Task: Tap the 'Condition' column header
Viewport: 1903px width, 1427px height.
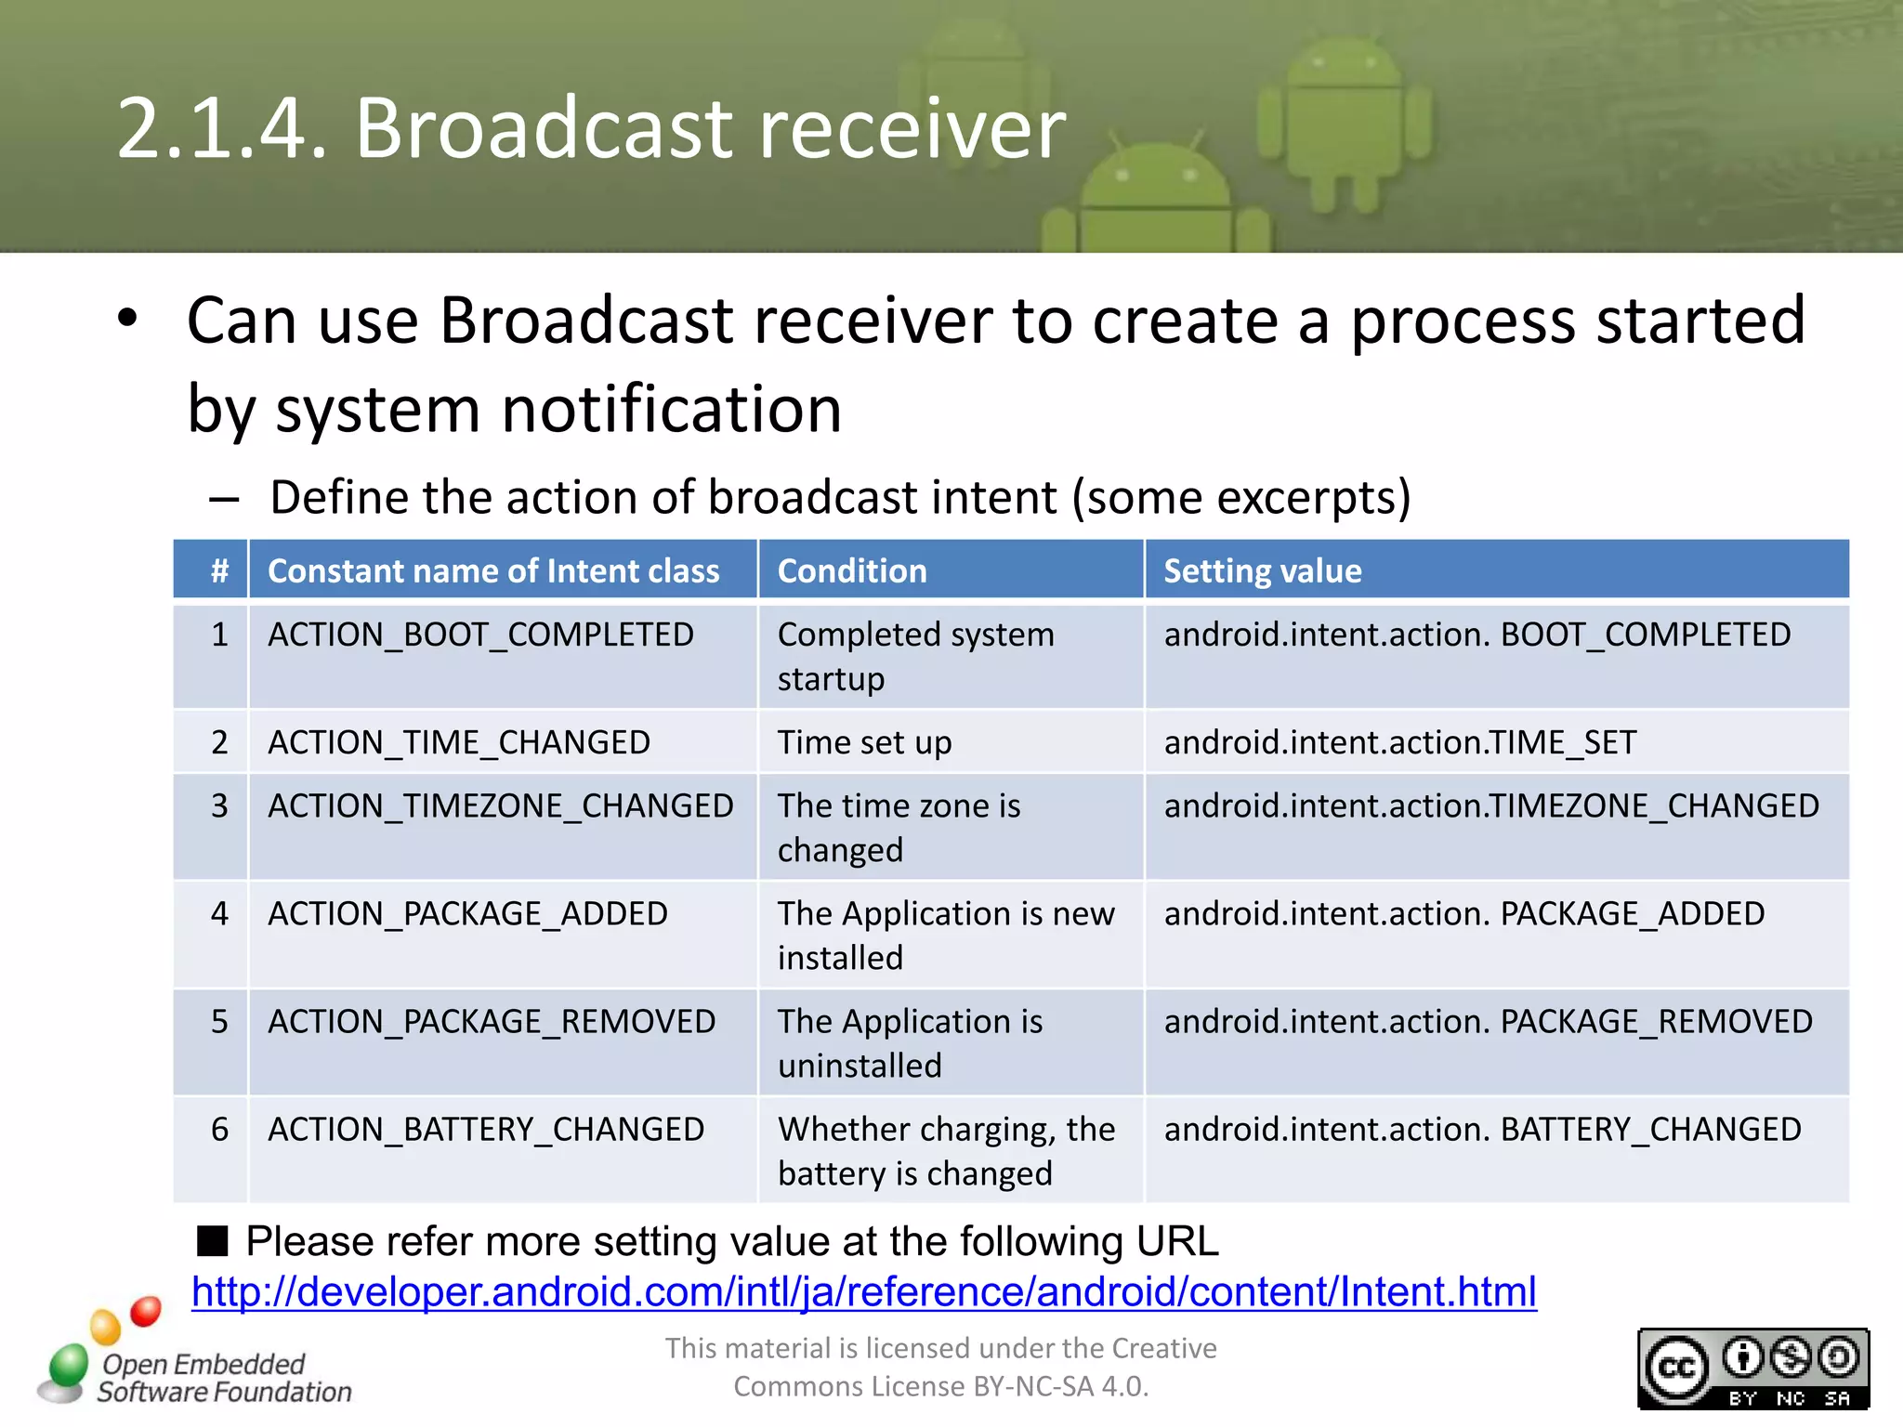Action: [x=851, y=570]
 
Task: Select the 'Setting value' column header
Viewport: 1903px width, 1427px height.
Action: [x=1262, y=570]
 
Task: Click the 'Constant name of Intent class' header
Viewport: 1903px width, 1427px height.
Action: [x=493, y=570]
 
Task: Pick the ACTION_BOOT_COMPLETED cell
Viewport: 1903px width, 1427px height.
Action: [x=480, y=635]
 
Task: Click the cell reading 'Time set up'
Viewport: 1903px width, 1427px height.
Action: [x=864, y=742]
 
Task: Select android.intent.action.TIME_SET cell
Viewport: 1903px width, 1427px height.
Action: [x=1399, y=742]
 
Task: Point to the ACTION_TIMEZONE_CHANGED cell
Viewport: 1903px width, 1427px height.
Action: [x=500, y=805]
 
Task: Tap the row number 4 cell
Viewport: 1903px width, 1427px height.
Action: [x=219, y=913]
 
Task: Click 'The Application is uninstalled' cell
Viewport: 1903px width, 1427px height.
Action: [x=909, y=1042]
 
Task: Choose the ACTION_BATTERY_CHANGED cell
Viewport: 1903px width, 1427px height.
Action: [x=486, y=1130]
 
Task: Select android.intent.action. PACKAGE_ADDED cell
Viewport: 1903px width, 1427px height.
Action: [x=1463, y=913]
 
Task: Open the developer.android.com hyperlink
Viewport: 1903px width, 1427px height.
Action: [x=863, y=1291]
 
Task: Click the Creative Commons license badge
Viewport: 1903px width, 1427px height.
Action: [x=1752, y=1368]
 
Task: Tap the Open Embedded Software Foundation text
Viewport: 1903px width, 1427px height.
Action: [x=223, y=1378]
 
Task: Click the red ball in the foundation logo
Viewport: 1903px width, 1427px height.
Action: [x=146, y=1311]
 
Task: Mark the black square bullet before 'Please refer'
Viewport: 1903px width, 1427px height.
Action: [x=213, y=1240]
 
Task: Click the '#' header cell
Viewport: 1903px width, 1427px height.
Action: [x=219, y=570]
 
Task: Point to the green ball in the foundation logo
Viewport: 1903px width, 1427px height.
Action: [x=69, y=1366]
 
